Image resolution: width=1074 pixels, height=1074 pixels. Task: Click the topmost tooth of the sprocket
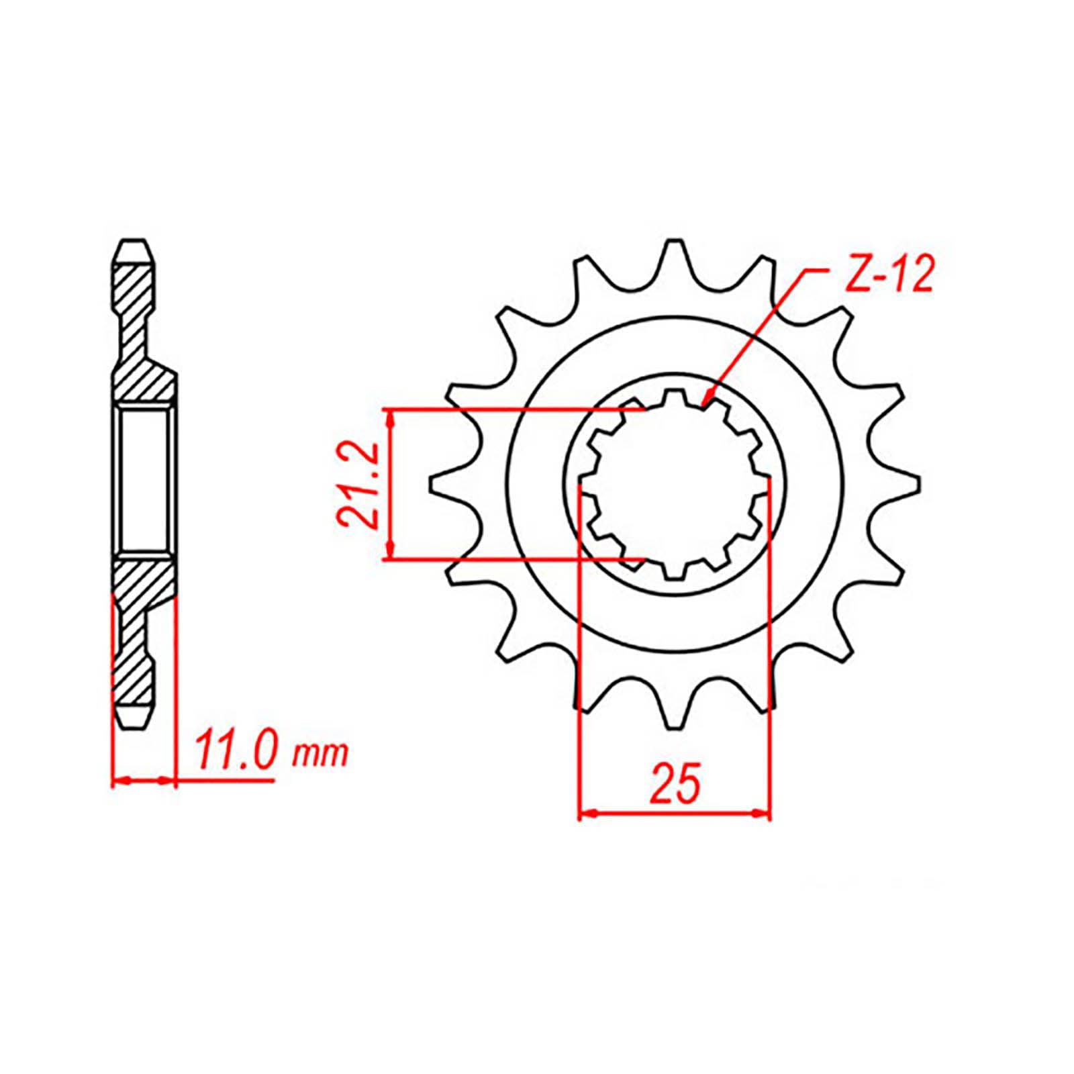point(674,258)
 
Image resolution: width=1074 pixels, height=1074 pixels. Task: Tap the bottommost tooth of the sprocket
point(674,712)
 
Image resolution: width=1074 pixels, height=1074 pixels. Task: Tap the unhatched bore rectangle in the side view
point(144,481)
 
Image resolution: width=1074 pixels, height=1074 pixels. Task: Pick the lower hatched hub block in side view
point(142,577)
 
